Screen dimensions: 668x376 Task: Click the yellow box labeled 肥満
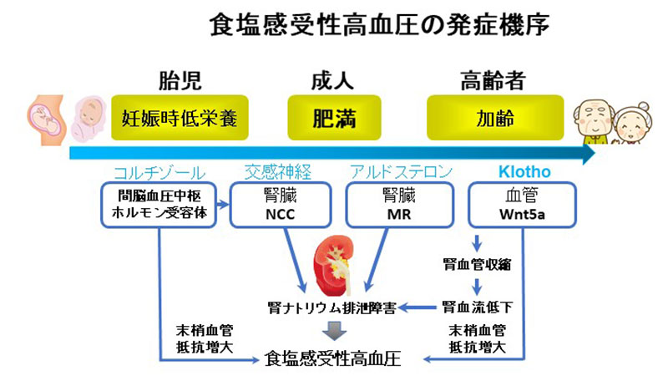[335, 118]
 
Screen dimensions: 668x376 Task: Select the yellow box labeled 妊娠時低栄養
[180, 118]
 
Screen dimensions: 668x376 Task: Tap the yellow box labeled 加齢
[495, 118]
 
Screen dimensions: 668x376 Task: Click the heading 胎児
[180, 80]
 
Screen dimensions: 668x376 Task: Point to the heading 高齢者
[493, 80]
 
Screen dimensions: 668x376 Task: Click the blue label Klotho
[524, 172]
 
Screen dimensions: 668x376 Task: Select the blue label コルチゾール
[159, 173]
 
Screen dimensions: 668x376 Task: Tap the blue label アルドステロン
[401, 172]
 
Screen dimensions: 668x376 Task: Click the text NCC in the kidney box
[281, 214]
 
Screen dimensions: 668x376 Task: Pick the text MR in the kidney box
[399, 214]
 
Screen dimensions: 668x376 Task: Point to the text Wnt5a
[522, 214]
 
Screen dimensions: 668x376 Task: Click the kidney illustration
[333, 265]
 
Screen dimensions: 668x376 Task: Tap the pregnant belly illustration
[46, 119]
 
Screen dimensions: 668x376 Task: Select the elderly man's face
[594, 117]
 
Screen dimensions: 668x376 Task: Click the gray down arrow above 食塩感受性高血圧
[335, 330]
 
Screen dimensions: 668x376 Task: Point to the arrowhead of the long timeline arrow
[590, 154]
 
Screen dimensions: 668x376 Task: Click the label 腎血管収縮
[477, 265]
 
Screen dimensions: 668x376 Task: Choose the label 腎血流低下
[477, 307]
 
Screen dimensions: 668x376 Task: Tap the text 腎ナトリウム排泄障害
[331, 307]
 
